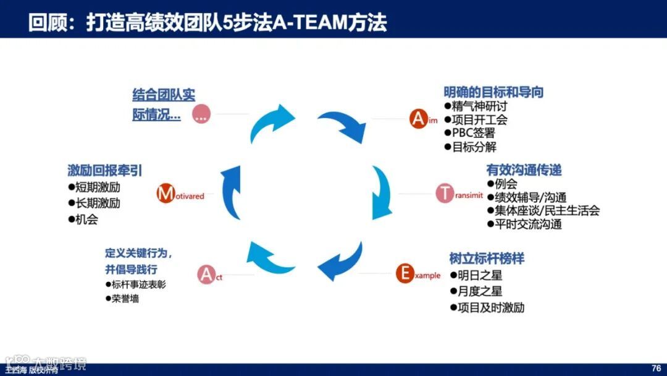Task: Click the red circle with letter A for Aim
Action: (x=419, y=117)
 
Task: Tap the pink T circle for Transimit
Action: (x=445, y=193)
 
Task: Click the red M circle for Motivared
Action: (x=166, y=194)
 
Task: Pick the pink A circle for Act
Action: (x=206, y=274)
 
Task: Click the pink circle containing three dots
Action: (x=201, y=114)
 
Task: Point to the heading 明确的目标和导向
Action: (x=493, y=92)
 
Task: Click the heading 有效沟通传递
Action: (x=524, y=170)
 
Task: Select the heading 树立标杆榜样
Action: (x=487, y=258)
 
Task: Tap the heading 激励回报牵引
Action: (x=104, y=170)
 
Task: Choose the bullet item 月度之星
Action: (x=479, y=291)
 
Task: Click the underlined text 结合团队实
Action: (x=164, y=95)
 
